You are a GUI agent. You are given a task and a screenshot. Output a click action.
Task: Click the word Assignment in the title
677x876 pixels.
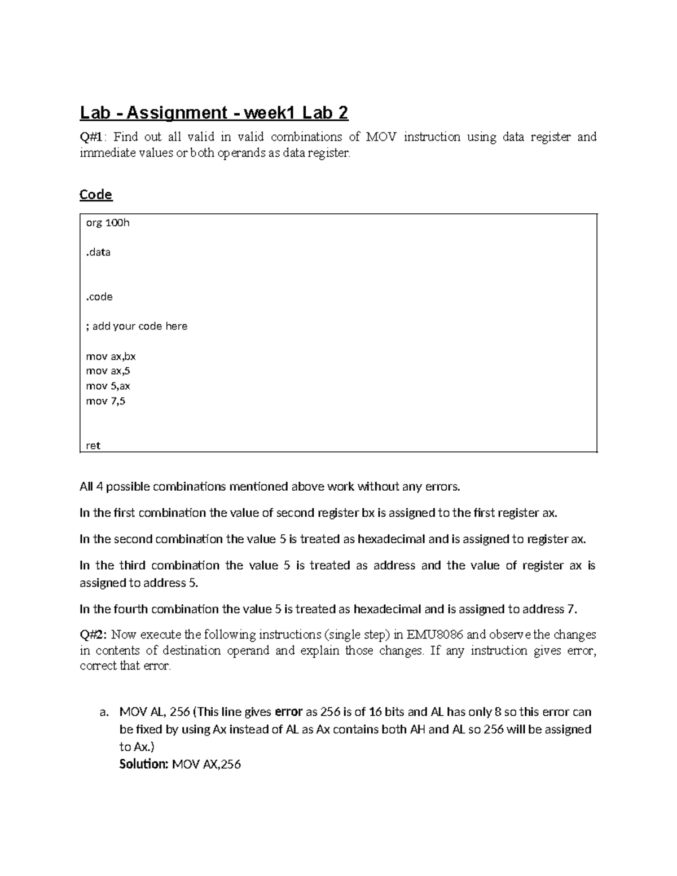tap(176, 113)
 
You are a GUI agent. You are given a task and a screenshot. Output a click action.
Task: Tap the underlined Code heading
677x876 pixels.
tap(96, 195)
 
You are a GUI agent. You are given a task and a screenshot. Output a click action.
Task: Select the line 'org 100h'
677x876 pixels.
tap(107, 223)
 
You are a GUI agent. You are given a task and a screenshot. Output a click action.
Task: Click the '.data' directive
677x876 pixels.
tap(98, 252)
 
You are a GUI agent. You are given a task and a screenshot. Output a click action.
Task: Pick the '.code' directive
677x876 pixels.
tap(99, 297)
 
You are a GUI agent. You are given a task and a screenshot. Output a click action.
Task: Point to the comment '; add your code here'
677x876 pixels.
tap(137, 326)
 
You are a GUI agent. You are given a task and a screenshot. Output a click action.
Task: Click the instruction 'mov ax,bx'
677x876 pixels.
tap(111, 356)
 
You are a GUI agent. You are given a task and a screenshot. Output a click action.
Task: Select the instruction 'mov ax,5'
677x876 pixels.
tap(108, 371)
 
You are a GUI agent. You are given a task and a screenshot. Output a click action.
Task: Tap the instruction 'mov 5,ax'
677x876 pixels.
tap(108, 386)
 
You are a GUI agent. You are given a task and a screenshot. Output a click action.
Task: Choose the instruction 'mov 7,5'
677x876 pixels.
tap(105, 401)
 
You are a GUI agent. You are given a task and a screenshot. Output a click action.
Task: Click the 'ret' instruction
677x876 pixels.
tap(93, 446)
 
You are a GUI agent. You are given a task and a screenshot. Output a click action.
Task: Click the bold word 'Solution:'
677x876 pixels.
tap(144, 765)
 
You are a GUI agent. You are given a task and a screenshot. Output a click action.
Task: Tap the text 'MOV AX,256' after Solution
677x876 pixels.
tap(206, 765)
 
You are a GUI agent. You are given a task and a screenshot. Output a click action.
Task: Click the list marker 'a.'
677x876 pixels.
tap(103, 712)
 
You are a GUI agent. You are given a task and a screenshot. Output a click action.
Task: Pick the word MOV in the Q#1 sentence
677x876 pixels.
tap(380, 137)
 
